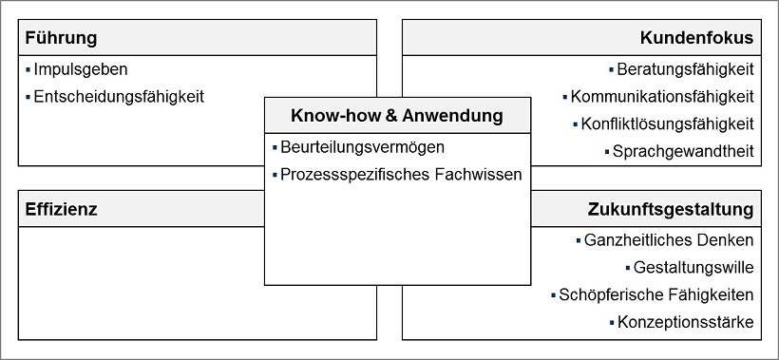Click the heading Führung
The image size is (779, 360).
(61, 38)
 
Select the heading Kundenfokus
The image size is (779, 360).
(696, 38)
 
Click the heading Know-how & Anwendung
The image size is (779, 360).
(396, 116)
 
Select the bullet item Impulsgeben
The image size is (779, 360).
(80, 69)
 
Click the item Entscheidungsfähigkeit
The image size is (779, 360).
(118, 96)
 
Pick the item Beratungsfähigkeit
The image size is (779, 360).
(685, 69)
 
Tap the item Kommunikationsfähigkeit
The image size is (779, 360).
(663, 96)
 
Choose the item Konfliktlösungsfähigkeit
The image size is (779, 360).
(668, 123)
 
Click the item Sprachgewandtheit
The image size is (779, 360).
(683, 151)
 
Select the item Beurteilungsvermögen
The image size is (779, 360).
(362, 147)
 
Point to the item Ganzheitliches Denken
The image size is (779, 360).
(671, 239)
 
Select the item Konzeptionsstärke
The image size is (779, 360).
(685, 322)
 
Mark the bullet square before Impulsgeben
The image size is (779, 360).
(28, 69)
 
